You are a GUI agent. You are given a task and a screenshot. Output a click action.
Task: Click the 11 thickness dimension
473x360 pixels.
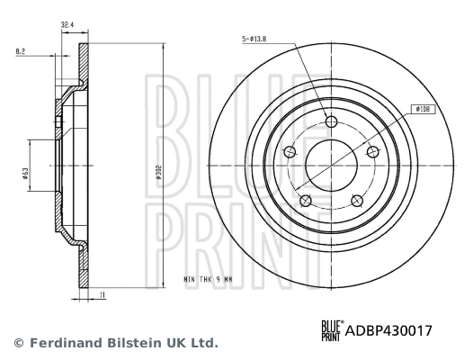(105, 294)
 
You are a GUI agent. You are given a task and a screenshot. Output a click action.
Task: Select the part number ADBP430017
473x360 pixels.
(389, 330)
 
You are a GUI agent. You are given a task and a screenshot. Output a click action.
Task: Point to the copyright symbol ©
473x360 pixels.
(18, 343)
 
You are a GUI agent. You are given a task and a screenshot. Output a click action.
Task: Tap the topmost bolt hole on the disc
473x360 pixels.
(330, 122)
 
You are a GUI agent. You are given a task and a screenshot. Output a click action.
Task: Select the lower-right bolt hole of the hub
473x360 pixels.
(355, 200)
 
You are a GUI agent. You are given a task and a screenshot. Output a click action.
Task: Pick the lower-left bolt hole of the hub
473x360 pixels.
(305, 200)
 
